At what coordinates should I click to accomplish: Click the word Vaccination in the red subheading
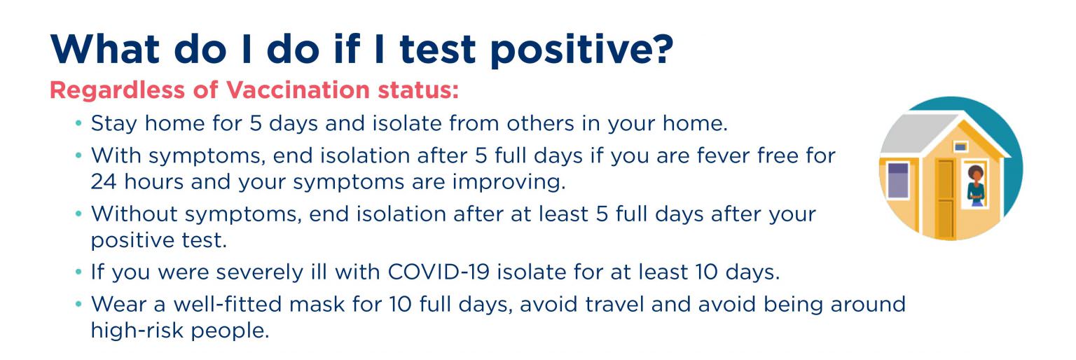[x=298, y=90]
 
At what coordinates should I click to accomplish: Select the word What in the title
[x=104, y=49]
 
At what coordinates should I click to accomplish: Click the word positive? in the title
[x=582, y=50]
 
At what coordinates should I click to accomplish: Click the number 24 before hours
[x=104, y=182]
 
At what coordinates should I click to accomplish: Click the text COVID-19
[x=439, y=272]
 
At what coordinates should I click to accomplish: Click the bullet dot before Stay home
[x=78, y=124]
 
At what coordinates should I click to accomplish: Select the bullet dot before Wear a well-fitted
[x=78, y=305]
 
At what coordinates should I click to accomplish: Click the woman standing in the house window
[x=976, y=186]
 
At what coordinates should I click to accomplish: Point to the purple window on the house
[x=898, y=181]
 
